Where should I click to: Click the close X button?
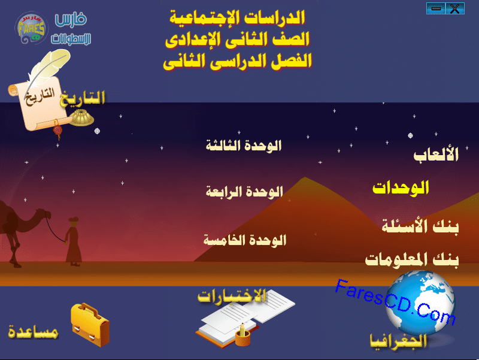pyautogui.click(x=455, y=8)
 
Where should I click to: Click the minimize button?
pyautogui.click(x=436, y=8)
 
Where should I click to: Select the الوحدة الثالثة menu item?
pyautogui.click(x=244, y=146)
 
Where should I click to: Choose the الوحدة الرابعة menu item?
pyautogui.click(x=244, y=192)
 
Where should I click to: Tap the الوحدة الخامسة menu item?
pyautogui.click(x=245, y=240)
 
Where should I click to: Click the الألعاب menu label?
pyautogui.click(x=436, y=155)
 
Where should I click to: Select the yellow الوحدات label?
pyautogui.click(x=401, y=187)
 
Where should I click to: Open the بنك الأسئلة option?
pyautogui.click(x=420, y=226)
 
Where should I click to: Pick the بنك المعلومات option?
pyautogui.click(x=412, y=260)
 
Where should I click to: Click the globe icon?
pyautogui.click(x=420, y=302)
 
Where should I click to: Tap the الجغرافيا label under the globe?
pyautogui.click(x=398, y=341)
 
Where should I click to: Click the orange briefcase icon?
pyautogui.click(x=90, y=325)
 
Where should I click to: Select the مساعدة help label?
pyautogui.click(x=33, y=332)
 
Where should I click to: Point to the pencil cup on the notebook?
pyautogui.click(x=243, y=335)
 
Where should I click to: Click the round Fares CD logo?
pyautogui.click(x=31, y=28)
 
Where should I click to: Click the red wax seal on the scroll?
pyautogui.click(x=57, y=130)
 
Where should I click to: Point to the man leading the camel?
pyautogui.click(x=73, y=241)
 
